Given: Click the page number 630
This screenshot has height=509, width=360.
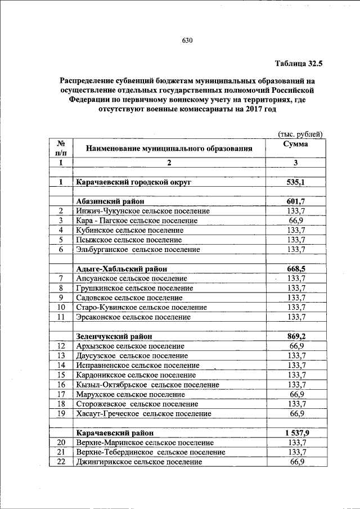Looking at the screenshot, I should click(187, 40).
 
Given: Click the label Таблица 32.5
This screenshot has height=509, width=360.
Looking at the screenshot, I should click(299, 64).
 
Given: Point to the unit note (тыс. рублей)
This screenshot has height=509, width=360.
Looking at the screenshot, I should click(301, 134).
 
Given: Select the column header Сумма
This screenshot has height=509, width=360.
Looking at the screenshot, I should click(296, 144).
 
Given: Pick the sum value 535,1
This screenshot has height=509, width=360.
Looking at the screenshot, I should click(296, 182).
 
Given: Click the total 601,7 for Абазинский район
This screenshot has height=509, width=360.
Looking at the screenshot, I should click(296, 201).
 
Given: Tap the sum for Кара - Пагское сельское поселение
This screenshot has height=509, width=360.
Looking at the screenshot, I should click(296, 220).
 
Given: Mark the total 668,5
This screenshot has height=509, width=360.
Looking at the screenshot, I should click(296, 269).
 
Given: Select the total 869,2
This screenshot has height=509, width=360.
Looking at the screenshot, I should click(296, 336).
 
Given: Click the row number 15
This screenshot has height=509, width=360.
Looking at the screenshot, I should click(61, 375).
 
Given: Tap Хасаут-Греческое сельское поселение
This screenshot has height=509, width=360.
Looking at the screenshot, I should click(143, 413).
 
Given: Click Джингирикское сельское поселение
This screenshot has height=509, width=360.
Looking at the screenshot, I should click(139, 462).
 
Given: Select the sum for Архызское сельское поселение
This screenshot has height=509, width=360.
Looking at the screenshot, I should click(296, 346).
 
